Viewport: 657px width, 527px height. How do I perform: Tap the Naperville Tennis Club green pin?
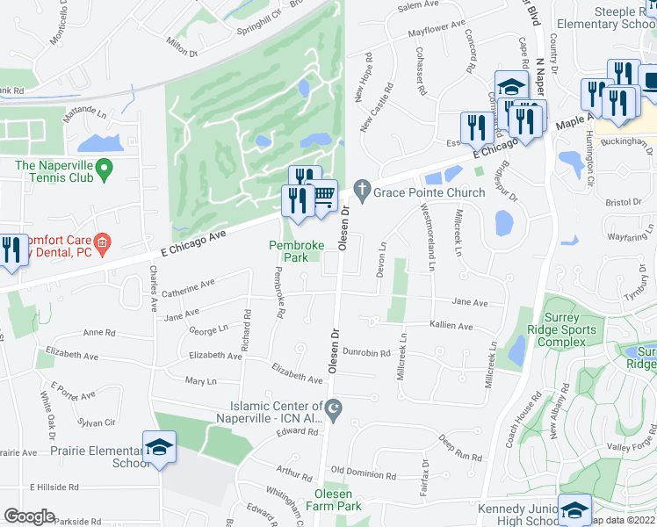(x=104, y=166)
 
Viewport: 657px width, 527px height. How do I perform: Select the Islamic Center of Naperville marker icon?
(x=334, y=408)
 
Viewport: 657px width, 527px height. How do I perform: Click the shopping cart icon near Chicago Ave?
(x=323, y=195)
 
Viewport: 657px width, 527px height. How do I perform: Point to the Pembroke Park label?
(x=289, y=252)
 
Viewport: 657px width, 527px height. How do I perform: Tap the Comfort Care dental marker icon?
(x=102, y=242)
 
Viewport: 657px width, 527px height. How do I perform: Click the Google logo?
(x=29, y=516)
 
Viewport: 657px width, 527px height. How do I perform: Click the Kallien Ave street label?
(x=451, y=327)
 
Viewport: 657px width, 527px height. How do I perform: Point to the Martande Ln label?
(x=84, y=113)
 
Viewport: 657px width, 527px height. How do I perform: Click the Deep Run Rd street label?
(x=460, y=450)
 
